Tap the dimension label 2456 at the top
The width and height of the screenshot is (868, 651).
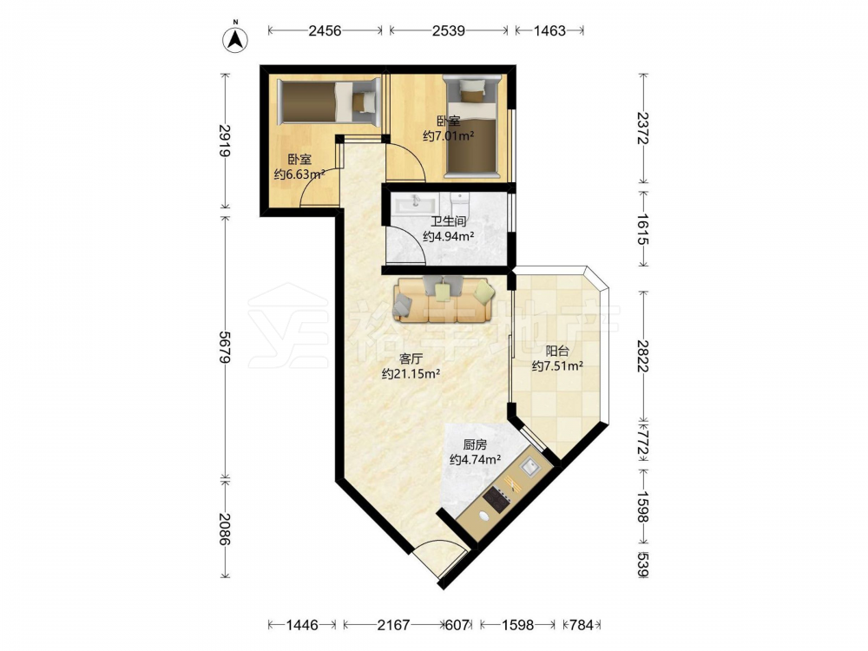click(325, 30)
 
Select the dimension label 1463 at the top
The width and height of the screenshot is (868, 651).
click(549, 30)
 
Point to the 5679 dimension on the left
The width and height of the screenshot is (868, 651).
click(224, 347)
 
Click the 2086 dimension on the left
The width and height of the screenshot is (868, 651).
click(224, 529)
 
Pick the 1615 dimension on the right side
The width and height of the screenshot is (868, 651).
click(642, 229)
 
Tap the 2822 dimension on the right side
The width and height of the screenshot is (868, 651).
click(642, 355)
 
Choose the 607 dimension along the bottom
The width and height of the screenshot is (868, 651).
click(458, 625)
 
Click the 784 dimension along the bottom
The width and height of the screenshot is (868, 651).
click(582, 625)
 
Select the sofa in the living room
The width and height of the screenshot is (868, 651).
click(443, 299)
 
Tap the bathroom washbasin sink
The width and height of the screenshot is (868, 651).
click(413, 204)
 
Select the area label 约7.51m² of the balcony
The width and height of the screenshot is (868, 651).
click(557, 366)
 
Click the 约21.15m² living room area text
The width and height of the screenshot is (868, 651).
click(411, 373)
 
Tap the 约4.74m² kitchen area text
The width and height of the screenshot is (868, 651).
click(476, 459)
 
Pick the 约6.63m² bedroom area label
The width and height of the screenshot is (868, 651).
click(299, 175)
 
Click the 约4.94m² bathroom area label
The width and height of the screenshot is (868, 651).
click(449, 237)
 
